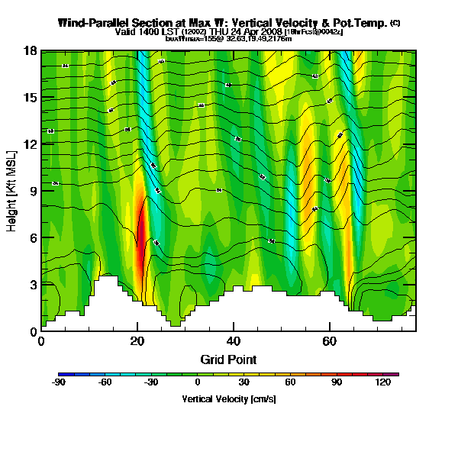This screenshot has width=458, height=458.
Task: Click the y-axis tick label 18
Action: click(x=30, y=51)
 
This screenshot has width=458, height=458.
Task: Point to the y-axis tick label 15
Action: click(x=30, y=98)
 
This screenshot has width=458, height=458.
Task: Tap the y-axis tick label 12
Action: click(x=30, y=144)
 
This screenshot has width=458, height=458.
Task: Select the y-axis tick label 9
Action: click(x=32, y=192)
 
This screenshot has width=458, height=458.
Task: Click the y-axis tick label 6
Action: click(x=32, y=238)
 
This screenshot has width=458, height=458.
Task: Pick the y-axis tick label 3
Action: click(x=32, y=285)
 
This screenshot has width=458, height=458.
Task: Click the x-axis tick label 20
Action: click(x=137, y=341)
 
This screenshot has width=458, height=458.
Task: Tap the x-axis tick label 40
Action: click(x=234, y=341)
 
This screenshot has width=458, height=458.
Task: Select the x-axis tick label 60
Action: click(x=330, y=341)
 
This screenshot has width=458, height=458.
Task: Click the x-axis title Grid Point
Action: click(x=228, y=359)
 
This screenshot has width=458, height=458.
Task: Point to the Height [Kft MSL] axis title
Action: click(x=12, y=191)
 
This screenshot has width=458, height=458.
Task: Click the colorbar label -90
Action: click(x=59, y=382)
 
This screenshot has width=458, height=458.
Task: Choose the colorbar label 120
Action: click(x=382, y=382)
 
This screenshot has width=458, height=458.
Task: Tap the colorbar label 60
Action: click(x=290, y=382)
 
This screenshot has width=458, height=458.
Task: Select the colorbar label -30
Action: click(x=151, y=382)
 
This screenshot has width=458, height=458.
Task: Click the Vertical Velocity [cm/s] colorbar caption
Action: click(x=228, y=398)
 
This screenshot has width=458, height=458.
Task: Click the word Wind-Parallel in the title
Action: click(x=95, y=23)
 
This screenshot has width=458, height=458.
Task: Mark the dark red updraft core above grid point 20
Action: click(x=140, y=229)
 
